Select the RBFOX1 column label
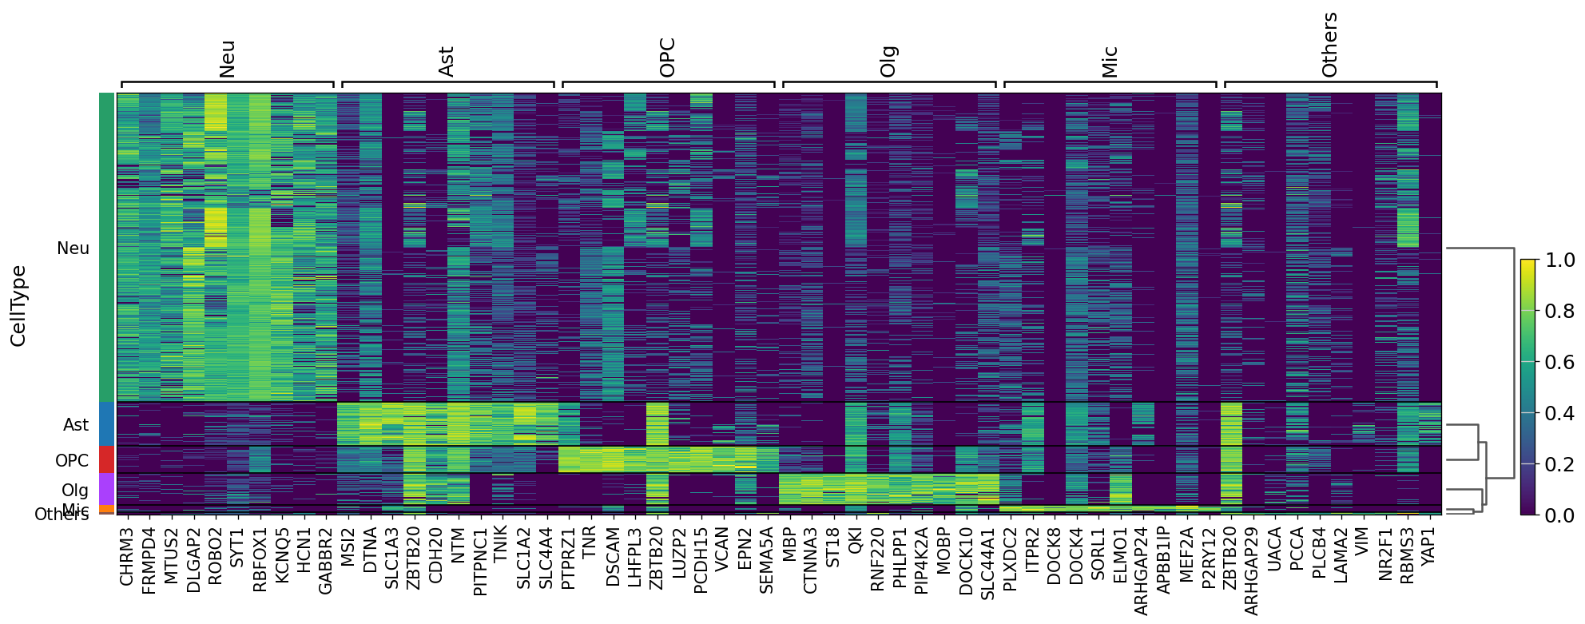click(260, 558)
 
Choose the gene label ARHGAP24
click(1142, 570)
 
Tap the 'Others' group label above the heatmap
click(1329, 45)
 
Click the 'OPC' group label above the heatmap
click(668, 58)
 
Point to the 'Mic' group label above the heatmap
click(1109, 62)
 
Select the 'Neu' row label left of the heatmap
click(73, 248)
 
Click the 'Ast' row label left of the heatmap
click(76, 425)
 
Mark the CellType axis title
click(18, 306)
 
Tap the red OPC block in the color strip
click(106, 459)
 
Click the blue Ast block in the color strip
click(106, 423)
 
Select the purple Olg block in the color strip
click(106, 489)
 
